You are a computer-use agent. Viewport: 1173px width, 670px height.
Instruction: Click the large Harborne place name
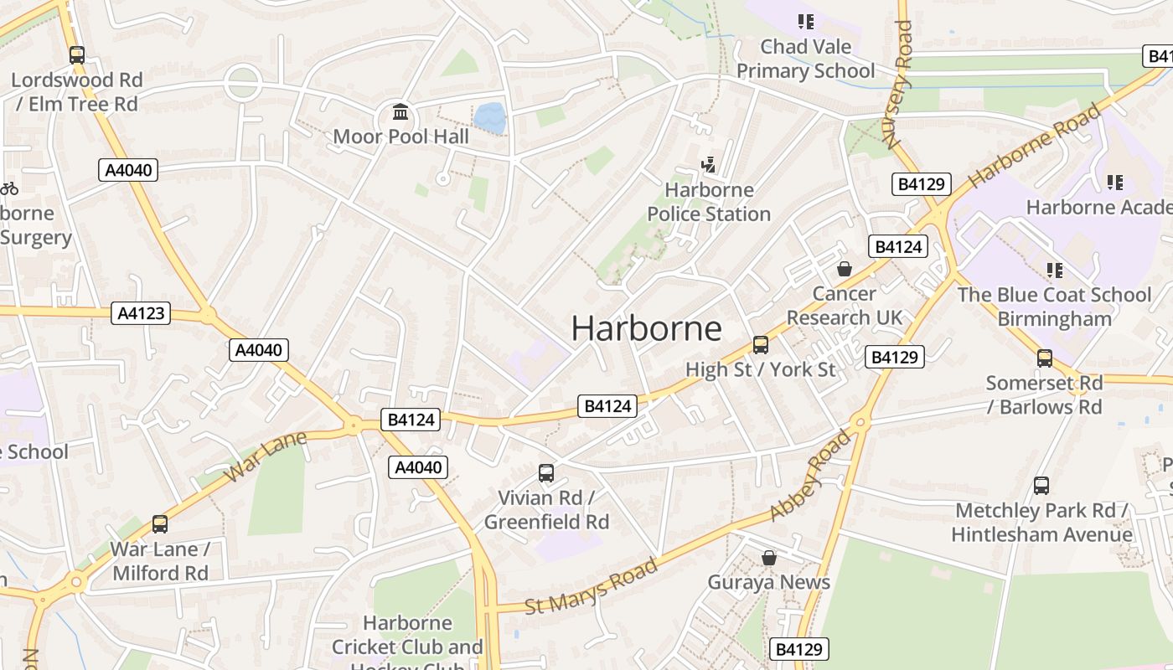tap(646, 328)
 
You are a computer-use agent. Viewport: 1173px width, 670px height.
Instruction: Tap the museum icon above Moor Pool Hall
tap(400, 112)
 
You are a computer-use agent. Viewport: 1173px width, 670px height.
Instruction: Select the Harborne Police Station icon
tap(709, 165)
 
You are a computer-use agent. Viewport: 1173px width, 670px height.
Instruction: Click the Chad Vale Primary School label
tap(805, 59)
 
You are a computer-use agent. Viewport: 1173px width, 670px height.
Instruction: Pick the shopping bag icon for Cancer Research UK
tap(844, 269)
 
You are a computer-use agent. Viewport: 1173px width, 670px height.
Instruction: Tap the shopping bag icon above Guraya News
tap(768, 558)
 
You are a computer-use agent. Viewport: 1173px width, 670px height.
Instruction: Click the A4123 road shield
tap(141, 313)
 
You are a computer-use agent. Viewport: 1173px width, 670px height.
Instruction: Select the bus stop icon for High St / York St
tap(760, 344)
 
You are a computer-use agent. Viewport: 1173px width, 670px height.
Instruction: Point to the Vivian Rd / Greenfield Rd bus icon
tap(546, 473)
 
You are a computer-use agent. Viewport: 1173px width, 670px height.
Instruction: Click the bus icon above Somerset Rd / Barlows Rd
tap(1044, 358)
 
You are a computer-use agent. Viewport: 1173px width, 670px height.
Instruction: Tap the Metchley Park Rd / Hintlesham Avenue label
tap(1041, 522)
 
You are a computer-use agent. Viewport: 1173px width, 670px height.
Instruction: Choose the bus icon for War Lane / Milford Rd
tap(159, 524)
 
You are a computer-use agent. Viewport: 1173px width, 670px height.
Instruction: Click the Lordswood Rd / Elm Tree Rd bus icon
tap(76, 55)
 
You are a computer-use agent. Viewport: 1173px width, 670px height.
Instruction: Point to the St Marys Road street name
tap(591, 586)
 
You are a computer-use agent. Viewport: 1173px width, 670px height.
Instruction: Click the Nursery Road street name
tap(902, 84)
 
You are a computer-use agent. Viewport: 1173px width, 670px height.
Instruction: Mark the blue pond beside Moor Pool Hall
tap(489, 118)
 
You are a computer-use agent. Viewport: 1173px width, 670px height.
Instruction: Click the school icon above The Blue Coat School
tap(1054, 270)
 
